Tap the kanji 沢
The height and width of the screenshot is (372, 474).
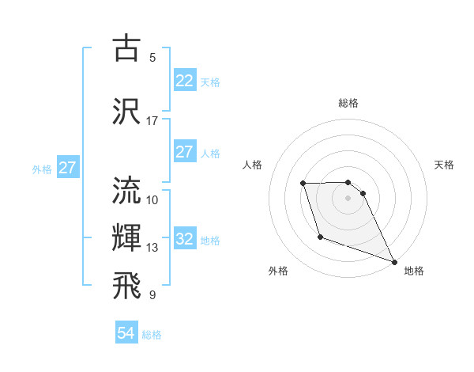coord(127,110)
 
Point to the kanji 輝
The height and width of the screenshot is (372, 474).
coord(127,237)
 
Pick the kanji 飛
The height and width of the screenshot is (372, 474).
coord(127,285)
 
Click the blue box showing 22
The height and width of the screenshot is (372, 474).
coord(184,81)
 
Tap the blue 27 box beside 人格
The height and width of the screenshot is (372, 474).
coord(184,152)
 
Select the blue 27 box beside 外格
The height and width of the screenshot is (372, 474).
coord(67,168)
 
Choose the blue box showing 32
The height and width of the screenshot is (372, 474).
coord(184,239)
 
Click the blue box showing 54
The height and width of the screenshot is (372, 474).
coord(126,334)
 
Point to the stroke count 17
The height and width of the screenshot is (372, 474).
coord(152,121)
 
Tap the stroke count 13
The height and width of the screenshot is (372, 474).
coord(152,248)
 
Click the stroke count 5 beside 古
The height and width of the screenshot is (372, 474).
coord(152,57)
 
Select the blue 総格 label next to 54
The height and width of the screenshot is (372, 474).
coord(152,335)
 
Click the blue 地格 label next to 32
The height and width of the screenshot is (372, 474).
coord(210,240)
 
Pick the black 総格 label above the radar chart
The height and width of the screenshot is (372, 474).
coord(348,103)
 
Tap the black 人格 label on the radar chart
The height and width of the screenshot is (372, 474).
coord(253,165)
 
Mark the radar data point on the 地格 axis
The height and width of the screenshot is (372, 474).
coord(394,261)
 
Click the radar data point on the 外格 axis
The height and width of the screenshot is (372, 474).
coord(320,237)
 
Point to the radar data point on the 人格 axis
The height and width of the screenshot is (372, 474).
coord(303,184)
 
